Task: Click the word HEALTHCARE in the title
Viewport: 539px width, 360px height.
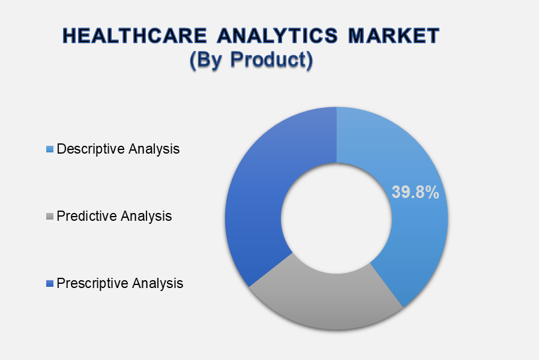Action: click(134, 35)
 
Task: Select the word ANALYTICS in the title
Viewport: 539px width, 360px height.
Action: click(278, 35)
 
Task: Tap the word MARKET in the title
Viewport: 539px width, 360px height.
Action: click(394, 35)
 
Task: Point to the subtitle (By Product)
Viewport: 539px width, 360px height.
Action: click(251, 59)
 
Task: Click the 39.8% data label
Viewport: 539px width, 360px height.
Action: click(415, 192)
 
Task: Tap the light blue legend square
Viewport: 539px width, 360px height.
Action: click(50, 149)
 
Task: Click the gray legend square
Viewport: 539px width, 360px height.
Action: click(50, 217)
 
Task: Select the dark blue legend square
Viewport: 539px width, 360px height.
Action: click(50, 283)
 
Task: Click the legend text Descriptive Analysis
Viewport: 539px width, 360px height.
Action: click(118, 149)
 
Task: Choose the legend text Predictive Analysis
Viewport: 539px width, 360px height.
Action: click(114, 216)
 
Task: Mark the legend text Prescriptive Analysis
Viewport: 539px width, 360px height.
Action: click(119, 283)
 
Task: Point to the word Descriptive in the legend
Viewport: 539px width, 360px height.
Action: click(91, 149)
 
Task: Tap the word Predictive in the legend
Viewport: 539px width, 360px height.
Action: click(86, 216)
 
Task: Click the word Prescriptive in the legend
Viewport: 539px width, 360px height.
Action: click(92, 283)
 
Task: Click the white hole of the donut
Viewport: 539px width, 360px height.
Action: click(336, 218)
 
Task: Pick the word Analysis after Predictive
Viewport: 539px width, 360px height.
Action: click(146, 216)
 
